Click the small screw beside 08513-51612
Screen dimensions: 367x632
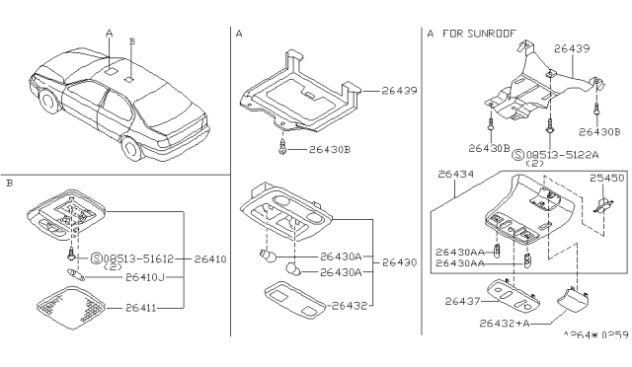[72, 255]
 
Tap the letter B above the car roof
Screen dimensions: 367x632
[132, 41]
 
